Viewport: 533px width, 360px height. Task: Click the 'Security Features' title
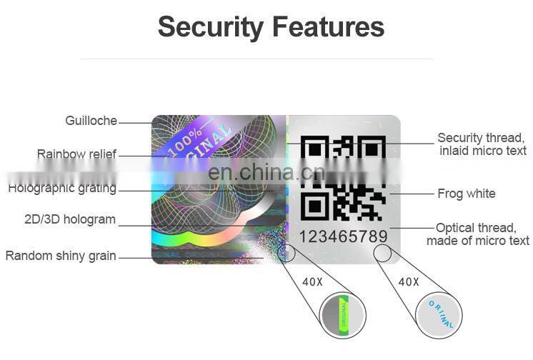[x=271, y=27]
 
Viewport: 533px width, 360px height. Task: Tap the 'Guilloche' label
[x=91, y=121]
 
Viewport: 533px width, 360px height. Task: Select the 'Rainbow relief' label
[x=76, y=154]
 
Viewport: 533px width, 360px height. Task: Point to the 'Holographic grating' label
[x=62, y=188]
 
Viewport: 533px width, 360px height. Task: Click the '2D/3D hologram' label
[x=70, y=219]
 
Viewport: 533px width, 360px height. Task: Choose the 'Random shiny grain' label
[x=61, y=255]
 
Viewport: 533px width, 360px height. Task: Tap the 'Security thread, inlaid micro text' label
[x=482, y=144]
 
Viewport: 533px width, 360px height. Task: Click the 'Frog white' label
[x=466, y=193]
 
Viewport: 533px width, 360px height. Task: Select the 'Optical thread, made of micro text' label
[x=477, y=234]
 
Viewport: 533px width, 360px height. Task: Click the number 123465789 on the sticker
[x=343, y=236]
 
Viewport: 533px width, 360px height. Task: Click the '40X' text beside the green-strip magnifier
[x=312, y=282]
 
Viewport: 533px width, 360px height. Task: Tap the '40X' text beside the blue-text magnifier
[x=408, y=282]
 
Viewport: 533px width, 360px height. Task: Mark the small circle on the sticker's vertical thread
[x=289, y=251]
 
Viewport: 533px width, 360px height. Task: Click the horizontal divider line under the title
[x=271, y=59]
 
